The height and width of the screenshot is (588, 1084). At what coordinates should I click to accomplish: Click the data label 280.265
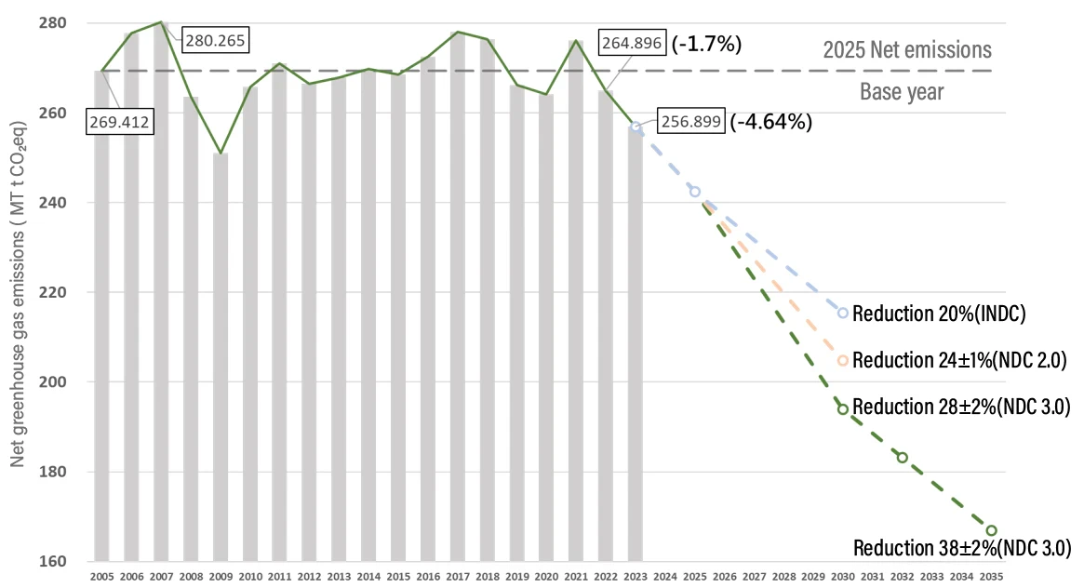click(x=217, y=41)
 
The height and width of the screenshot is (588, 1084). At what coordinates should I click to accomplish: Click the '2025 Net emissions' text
click(x=907, y=49)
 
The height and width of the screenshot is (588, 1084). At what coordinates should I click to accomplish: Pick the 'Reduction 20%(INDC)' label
click(x=938, y=314)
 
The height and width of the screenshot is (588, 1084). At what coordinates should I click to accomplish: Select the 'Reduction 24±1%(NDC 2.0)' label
click(x=958, y=360)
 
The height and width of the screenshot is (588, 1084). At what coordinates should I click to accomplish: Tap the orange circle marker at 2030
click(x=842, y=360)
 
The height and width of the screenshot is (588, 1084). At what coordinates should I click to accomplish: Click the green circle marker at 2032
click(x=902, y=457)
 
